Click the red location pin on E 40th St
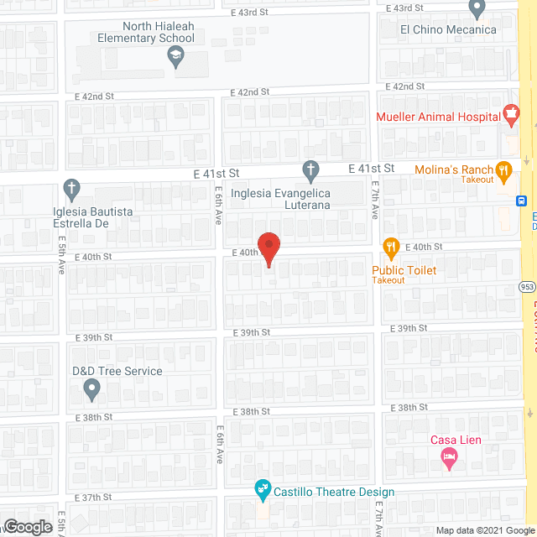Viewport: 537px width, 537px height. click(x=268, y=248)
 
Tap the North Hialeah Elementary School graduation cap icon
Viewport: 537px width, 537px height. click(x=175, y=57)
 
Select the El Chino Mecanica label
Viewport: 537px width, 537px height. click(x=447, y=30)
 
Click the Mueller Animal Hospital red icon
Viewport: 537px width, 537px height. click(x=510, y=112)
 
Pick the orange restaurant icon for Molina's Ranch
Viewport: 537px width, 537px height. click(x=503, y=170)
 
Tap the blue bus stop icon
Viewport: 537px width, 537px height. click(x=521, y=201)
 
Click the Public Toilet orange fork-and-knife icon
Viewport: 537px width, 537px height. click(x=390, y=247)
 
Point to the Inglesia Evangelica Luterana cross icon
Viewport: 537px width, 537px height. click(x=310, y=172)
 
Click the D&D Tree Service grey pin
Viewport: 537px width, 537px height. click(x=92, y=388)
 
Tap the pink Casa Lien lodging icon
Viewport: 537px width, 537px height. click(x=449, y=457)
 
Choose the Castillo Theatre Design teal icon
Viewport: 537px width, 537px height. click(x=262, y=487)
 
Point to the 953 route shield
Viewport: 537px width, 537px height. click(x=527, y=285)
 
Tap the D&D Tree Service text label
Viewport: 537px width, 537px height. click(x=117, y=371)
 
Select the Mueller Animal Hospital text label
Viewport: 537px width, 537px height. click(x=438, y=117)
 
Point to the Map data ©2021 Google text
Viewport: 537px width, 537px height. click(x=485, y=530)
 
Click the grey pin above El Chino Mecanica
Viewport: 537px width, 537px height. click(x=477, y=9)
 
